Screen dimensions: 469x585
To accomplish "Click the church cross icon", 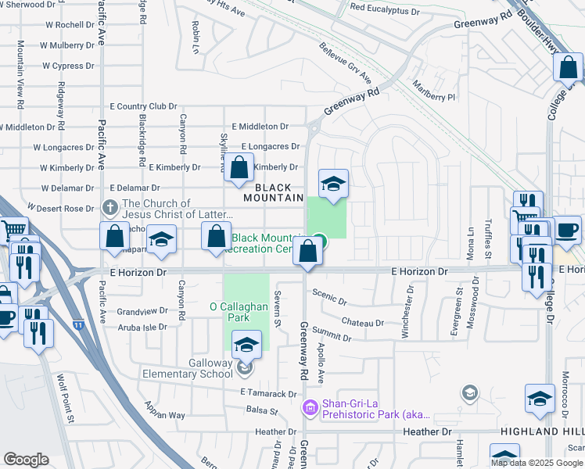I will pos(110,208).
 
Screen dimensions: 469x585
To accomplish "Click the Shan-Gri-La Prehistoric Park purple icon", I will pos(310,407).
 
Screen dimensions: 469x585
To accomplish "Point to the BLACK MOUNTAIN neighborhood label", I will pos(273,192).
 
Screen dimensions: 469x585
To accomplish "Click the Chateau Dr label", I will pos(362,322).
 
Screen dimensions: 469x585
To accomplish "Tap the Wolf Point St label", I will pos(63,399).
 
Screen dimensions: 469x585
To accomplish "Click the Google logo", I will pos(26,460).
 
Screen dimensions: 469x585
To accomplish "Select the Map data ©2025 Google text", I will pos(536,463).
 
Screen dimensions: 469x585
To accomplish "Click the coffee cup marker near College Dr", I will pos(567,230).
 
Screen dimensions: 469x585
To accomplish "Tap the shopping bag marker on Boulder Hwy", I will pos(568,68).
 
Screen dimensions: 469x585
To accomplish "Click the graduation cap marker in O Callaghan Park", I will pos(246,345).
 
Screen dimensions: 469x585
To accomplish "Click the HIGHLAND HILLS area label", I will pos(551,432).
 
